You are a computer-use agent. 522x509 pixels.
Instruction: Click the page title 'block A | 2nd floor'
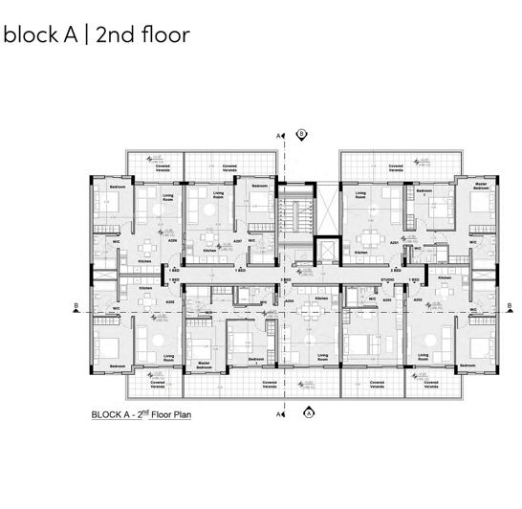click(97, 35)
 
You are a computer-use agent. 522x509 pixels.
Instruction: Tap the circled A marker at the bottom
click(309, 413)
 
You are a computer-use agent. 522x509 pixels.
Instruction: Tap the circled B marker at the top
click(301, 134)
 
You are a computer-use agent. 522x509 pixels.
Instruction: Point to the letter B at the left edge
click(75, 306)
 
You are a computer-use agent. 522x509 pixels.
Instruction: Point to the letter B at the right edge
click(511, 306)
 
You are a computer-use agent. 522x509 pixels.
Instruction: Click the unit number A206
click(171, 241)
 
